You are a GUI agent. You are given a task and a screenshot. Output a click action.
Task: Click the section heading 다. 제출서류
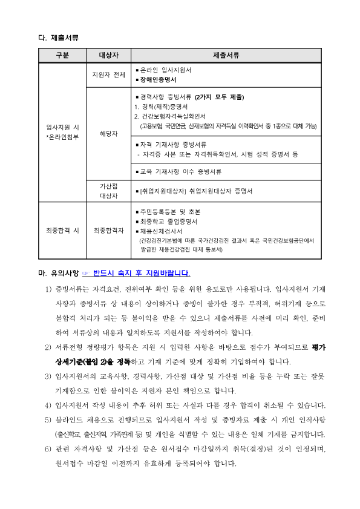coord(59,38)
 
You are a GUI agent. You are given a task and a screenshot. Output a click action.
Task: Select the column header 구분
coord(62,56)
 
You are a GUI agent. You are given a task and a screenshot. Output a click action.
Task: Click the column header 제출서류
coord(226,56)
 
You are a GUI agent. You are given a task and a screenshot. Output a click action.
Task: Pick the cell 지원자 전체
coord(108,75)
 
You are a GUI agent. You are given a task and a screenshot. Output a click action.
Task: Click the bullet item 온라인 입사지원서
coord(165,70)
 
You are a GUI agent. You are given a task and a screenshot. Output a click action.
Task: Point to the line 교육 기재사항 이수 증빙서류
coord(180,172)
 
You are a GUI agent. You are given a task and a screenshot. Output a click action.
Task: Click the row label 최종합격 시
coord(62,230)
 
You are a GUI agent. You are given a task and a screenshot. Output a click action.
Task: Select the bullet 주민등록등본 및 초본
coord(169,212)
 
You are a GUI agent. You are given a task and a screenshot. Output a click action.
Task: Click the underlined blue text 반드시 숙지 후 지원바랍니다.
coord(142,273)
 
